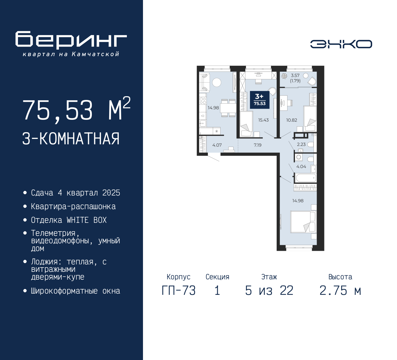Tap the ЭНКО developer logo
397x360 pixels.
(x=341, y=44)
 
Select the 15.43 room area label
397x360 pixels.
(x=263, y=120)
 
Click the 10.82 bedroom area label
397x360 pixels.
(x=292, y=120)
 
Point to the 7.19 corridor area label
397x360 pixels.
(x=257, y=145)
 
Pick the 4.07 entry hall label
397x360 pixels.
(x=217, y=145)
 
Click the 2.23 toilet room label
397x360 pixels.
(x=301, y=144)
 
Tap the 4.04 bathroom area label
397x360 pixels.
(x=301, y=167)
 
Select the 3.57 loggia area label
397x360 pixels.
(x=295, y=75)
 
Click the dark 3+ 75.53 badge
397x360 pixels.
(x=260, y=100)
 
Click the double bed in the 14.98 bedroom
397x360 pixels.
(x=303, y=222)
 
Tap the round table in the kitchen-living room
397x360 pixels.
(x=216, y=82)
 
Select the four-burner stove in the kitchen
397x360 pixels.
(x=203, y=100)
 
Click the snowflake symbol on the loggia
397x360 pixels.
(x=284, y=76)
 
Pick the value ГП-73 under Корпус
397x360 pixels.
(x=179, y=290)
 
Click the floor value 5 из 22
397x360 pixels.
(x=269, y=290)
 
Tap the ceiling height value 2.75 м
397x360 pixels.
(x=340, y=290)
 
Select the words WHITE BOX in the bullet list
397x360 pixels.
(x=87, y=220)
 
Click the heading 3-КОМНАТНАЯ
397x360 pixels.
(x=71, y=139)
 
